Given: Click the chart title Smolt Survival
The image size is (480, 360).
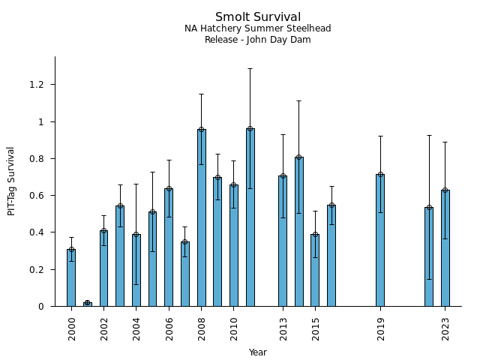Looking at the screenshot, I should (x=257, y=17).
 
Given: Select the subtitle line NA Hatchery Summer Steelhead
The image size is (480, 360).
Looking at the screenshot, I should (x=257, y=28).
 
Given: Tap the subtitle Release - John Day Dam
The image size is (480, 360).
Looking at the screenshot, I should (x=257, y=40).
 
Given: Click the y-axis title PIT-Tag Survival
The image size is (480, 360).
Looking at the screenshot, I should (x=11, y=181).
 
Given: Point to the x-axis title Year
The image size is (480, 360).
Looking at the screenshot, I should (x=257, y=352).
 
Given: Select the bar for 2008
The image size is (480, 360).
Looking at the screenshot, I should (x=202, y=217).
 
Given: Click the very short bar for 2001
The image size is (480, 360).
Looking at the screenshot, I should (x=88, y=304).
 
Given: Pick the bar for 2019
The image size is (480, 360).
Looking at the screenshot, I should (x=380, y=240).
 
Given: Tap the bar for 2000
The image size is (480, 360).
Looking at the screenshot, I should (x=71, y=277).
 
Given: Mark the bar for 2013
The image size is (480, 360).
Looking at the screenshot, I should (x=283, y=241).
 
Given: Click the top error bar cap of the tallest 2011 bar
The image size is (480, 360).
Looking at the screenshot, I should (x=250, y=68).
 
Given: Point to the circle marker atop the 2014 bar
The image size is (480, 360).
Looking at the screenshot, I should (x=299, y=157).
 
